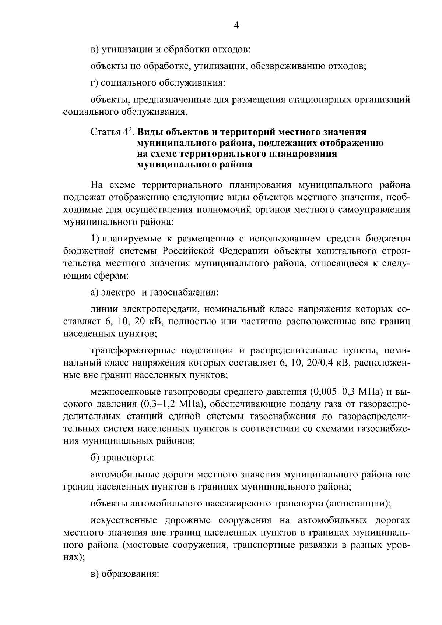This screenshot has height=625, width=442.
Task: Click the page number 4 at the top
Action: (237, 25)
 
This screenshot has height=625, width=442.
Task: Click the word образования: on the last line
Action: (130, 574)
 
